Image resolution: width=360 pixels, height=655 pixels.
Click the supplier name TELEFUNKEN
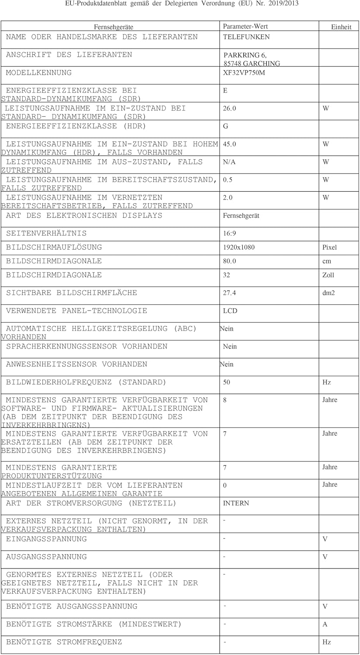246,37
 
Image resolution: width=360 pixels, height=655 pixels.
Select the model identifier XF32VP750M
244,73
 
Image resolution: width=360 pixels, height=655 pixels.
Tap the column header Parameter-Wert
245,26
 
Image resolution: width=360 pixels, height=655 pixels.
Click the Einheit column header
341,27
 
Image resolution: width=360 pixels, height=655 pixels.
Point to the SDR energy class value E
225,91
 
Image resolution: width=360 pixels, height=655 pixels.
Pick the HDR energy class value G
225,127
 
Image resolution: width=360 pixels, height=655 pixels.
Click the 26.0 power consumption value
229,109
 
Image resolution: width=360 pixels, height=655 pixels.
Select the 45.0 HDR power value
229,144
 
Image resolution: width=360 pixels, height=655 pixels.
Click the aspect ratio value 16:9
229,234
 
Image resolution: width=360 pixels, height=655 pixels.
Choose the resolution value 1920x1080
239,248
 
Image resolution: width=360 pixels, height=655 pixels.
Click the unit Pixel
329,248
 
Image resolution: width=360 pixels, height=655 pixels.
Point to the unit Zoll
328,275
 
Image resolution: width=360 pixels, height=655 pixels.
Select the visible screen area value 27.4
229,293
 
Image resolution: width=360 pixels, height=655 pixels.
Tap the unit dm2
329,293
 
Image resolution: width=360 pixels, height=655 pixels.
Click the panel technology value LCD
230,311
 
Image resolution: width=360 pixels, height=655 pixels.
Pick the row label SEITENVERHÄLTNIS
46,233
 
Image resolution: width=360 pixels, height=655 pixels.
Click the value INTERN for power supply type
236,503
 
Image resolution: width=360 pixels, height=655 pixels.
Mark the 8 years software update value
225,400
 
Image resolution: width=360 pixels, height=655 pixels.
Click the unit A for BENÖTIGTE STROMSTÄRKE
325,624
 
